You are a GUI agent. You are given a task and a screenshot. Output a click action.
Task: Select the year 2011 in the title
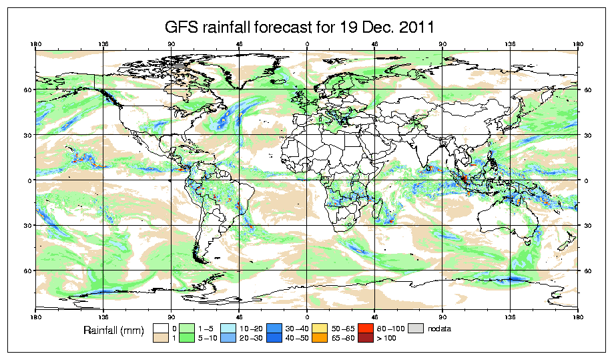click(415, 27)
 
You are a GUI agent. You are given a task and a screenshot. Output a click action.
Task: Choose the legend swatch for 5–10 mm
click(188, 339)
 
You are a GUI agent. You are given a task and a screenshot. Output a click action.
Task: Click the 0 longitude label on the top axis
click(307, 45)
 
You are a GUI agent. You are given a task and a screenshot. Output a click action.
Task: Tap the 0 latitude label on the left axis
click(28, 180)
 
